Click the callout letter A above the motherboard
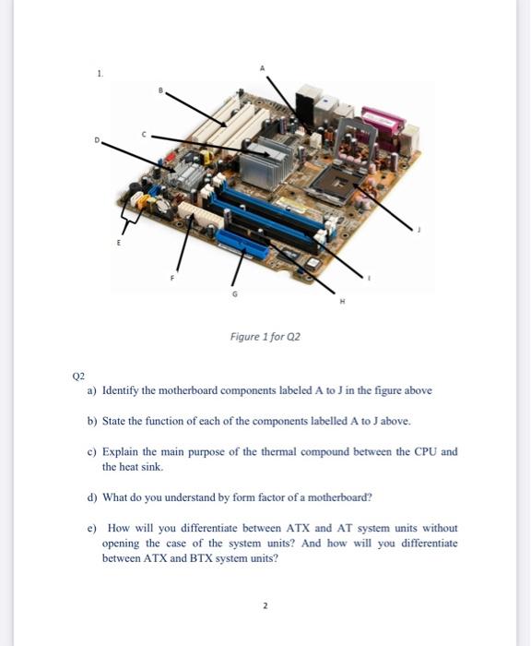pyautogui.click(x=262, y=68)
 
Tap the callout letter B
pyautogui.click(x=161, y=90)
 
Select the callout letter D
pyautogui.click(x=97, y=139)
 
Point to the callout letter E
pyautogui.click(x=119, y=243)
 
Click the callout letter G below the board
pyautogui.click(x=235, y=293)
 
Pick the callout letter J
pyautogui.click(x=419, y=230)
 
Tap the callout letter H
pyautogui.click(x=342, y=301)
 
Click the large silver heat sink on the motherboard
pyautogui.click(x=265, y=162)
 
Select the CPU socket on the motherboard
pyautogui.click(x=337, y=185)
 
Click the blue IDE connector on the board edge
pyautogui.click(x=242, y=244)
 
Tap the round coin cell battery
pyautogui.click(x=164, y=206)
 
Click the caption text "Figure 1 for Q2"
pyautogui.click(x=265, y=337)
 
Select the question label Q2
pyautogui.click(x=78, y=376)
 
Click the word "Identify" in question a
pyautogui.click(x=120, y=390)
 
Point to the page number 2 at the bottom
pyautogui.click(x=265, y=605)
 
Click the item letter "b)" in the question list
pyautogui.click(x=92, y=421)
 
